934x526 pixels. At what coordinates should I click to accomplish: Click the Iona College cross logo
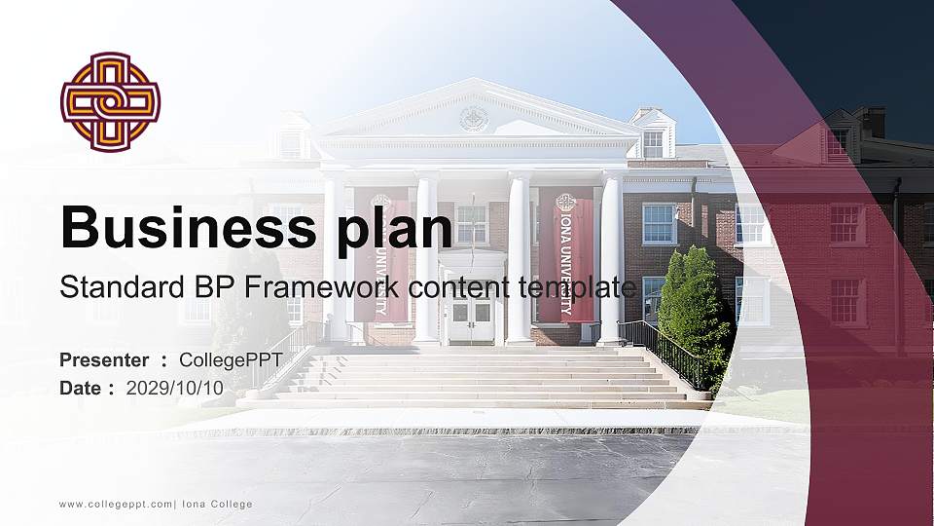click(110, 102)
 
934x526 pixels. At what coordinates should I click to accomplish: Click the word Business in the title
click(186, 227)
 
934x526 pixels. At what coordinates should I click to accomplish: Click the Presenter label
click(104, 360)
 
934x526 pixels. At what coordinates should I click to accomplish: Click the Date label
click(81, 388)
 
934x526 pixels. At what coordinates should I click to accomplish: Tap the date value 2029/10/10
click(175, 388)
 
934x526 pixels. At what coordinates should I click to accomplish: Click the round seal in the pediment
click(474, 120)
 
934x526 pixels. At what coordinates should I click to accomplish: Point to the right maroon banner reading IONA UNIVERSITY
click(564, 253)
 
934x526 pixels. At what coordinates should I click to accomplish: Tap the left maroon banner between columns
click(380, 253)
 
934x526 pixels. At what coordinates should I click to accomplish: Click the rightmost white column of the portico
click(611, 258)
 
